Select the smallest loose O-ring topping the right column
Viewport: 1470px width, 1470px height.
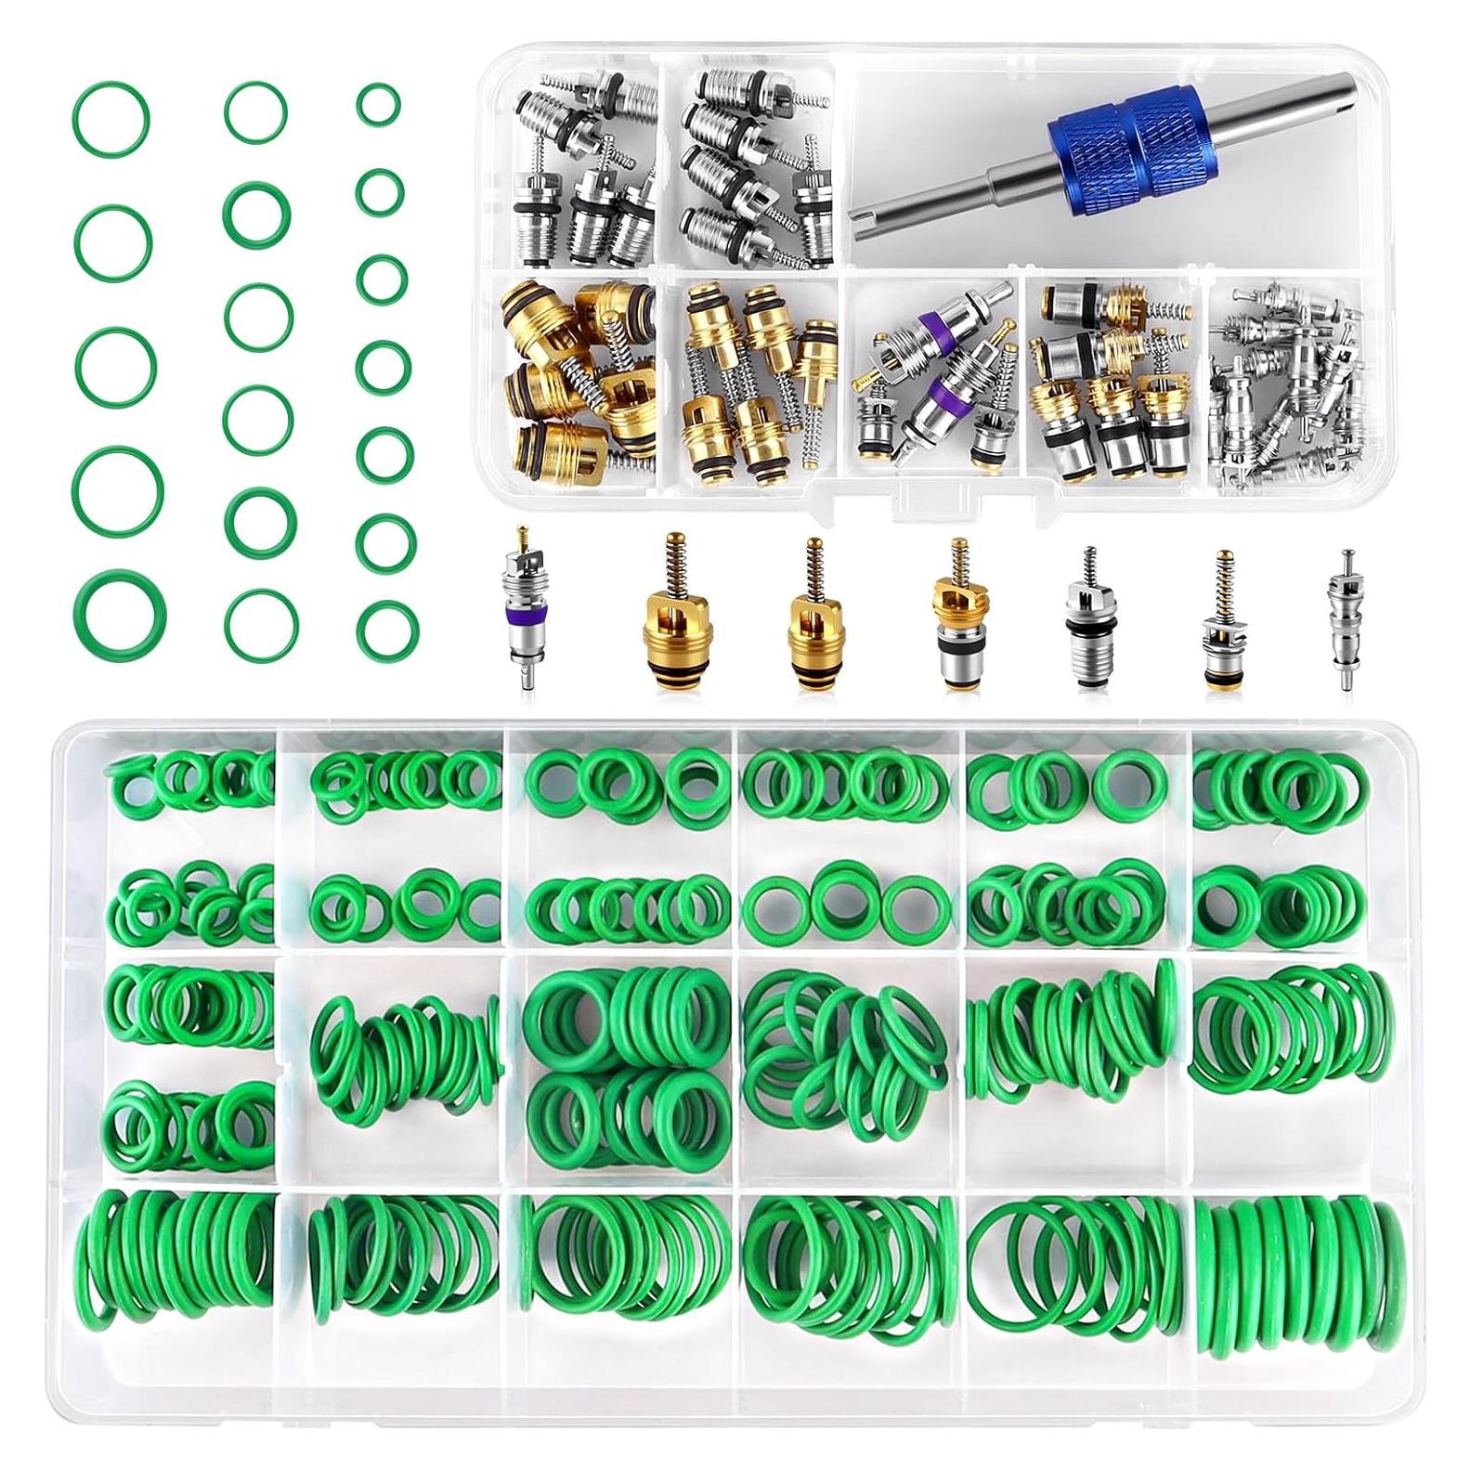[x=378, y=103]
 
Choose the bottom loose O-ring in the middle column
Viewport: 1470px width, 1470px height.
[x=261, y=617]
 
